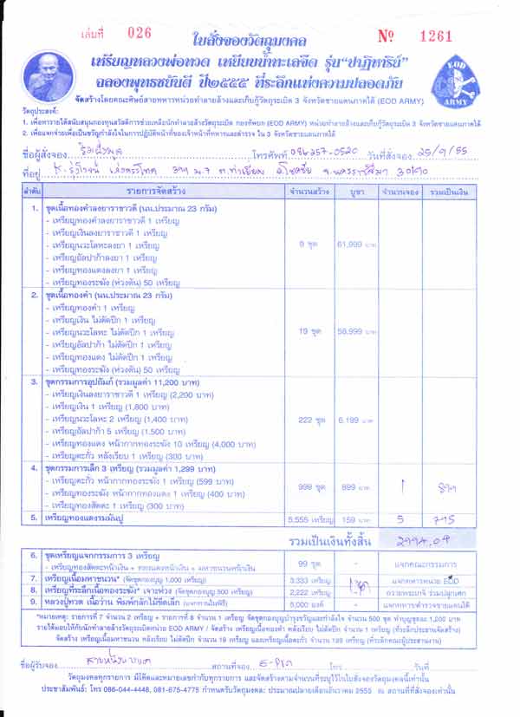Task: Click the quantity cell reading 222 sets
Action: [309, 420]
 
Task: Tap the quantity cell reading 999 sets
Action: [309, 488]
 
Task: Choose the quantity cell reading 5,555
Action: [309, 518]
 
